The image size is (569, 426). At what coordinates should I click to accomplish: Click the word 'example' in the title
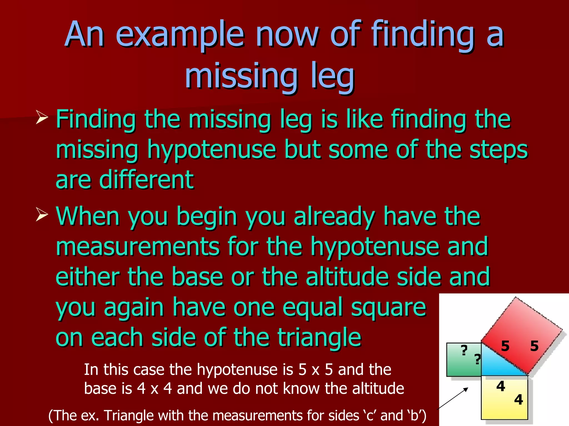180,35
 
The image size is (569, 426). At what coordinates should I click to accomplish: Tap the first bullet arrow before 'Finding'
42,118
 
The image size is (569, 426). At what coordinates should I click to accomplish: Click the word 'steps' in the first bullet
498,150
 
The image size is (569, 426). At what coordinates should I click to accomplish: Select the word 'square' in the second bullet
388,307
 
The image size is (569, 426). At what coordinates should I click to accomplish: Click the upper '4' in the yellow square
501,386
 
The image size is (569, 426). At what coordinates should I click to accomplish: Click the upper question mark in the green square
464,350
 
